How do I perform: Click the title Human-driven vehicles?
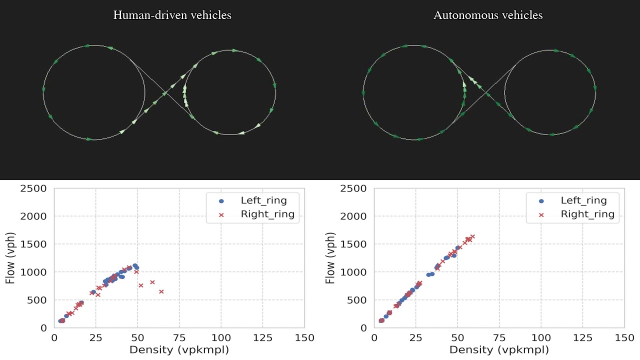[172, 15]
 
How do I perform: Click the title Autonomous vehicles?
[488, 15]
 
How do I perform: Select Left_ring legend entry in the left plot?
[263, 200]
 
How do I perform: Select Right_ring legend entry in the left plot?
[267, 214]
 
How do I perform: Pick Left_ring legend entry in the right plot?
[583, 200]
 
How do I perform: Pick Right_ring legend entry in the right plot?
[587, 214]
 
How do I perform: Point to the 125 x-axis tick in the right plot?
[582, 338]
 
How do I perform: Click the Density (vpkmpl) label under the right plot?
[499, 349]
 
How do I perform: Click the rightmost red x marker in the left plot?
[161, 291]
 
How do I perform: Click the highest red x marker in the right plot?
[472, 236]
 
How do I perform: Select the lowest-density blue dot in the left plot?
[60, 321]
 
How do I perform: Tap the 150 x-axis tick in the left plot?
[304, 338]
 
